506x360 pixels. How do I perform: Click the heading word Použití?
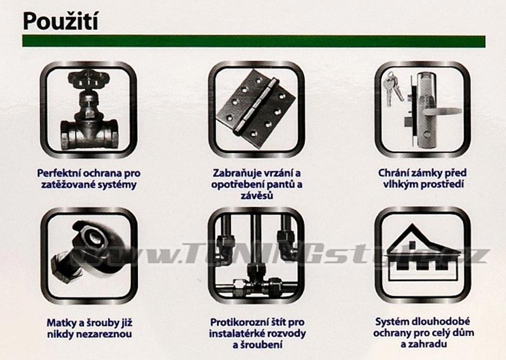coord(60,22)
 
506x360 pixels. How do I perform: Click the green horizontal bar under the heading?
coord(254,41)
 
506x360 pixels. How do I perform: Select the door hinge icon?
coord(256,108)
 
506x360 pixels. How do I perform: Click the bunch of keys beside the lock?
coord(392,88)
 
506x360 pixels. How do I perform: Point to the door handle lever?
coord(442,112)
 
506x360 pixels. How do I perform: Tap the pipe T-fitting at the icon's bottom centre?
coord(257,280)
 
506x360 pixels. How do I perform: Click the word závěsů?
coord(257,196)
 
